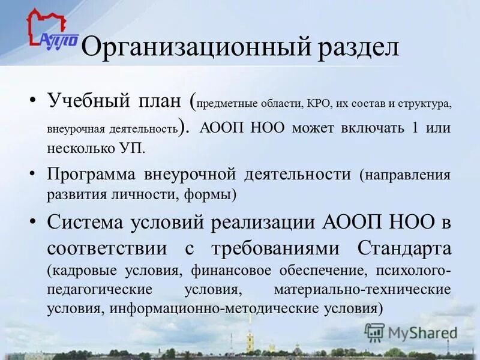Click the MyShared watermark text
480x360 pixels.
click(420, 332)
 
